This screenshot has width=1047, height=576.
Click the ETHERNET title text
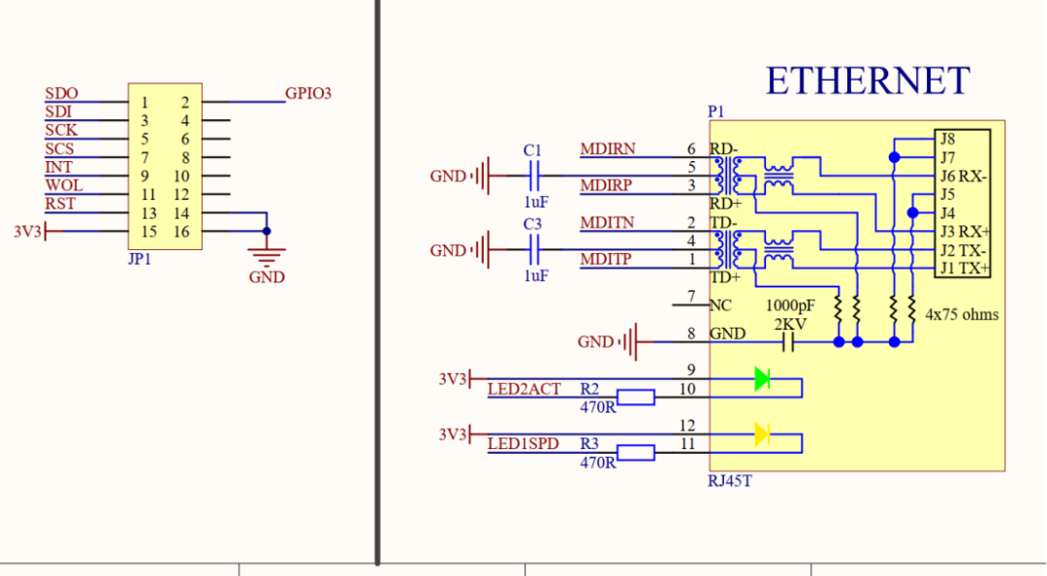(x=867, y=80)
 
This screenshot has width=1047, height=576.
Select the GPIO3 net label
(x=308, y=93)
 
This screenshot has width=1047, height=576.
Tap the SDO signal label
(x=61, y=93)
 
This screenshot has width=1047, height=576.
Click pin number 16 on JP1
(x=181, y=232)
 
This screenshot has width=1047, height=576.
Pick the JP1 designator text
(x=140, y=259)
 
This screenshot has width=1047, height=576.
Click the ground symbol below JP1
(x=267, y=256)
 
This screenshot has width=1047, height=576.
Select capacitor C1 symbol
(x=534, y=176)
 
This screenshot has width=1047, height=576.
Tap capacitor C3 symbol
(x=534, y=250)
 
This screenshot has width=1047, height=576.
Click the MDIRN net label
(x=608, y=149)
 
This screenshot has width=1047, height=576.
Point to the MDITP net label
(x=606, y=259)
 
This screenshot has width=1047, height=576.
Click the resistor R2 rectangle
(x=636, y=398)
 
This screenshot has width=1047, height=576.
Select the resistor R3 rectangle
(x=636, y=453)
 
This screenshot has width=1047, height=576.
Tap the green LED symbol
(x=762, y=379)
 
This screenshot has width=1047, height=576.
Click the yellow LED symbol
(x=762, y=434)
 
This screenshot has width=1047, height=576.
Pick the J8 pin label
(x=947, y=139)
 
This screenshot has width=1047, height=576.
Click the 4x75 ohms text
(x=962, y=315)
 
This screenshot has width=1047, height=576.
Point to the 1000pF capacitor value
(x=790, y=306)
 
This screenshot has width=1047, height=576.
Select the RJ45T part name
(x=730, y=481)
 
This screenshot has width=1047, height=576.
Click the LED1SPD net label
(x=523, y=444)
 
